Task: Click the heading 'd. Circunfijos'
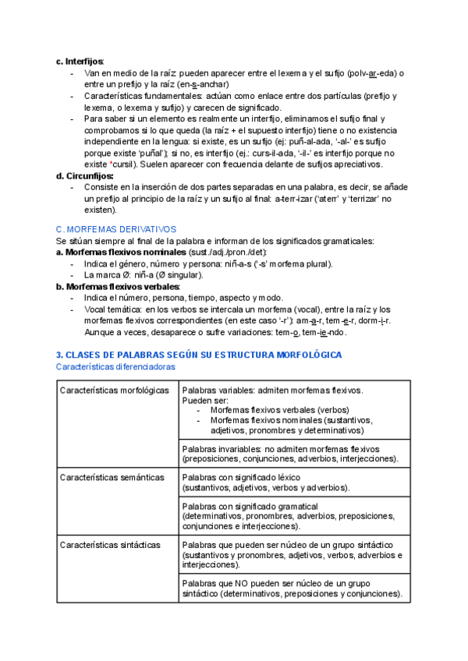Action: [84, 176]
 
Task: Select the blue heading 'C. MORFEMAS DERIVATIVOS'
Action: [116, 229]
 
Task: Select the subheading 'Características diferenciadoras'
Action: [115, 366]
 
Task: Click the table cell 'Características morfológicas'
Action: [114, 390]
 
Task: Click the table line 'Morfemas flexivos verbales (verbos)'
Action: [279, 409]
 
